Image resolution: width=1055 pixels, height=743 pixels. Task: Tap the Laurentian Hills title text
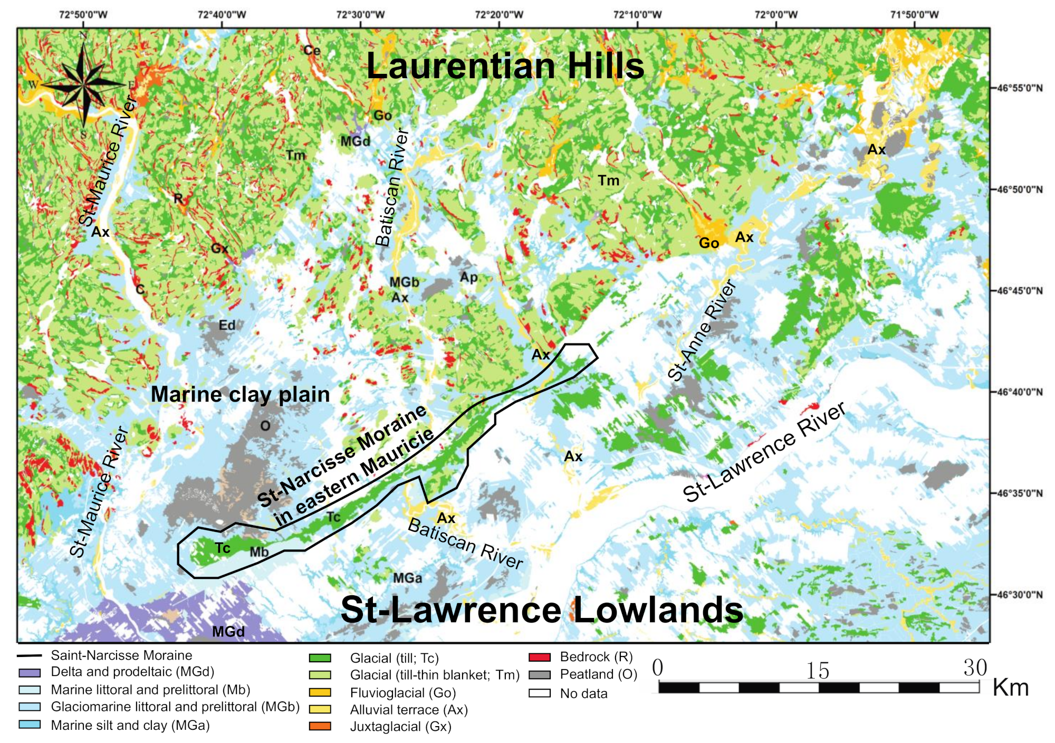[505, 66]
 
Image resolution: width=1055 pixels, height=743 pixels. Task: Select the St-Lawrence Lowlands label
[542, 610]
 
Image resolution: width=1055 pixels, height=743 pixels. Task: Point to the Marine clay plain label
[240, 394]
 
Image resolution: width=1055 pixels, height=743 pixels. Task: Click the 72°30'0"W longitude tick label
[360, 14]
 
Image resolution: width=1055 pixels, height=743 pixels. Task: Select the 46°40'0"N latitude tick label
[1019, 392]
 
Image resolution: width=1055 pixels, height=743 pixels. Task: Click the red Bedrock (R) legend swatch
[539, 658]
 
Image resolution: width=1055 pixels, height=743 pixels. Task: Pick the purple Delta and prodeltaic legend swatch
[30, 673]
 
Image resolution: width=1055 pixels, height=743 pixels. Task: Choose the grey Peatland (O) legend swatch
[539, 675]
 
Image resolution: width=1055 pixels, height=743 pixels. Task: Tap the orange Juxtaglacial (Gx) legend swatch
[320, 727]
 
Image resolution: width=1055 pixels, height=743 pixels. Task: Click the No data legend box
[539, 693]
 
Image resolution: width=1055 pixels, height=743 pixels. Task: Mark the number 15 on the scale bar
[818, 671]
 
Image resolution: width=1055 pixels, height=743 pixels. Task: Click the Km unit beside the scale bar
[1010, 688]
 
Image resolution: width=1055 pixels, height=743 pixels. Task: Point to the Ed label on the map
[227, 325]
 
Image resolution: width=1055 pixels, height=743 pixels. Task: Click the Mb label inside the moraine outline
[259, 552]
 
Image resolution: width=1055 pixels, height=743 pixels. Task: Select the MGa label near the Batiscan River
[407, 578]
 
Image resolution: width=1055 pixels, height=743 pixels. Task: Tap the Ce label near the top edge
[312, 51]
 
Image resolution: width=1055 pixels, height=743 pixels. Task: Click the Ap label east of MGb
[468, 277]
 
